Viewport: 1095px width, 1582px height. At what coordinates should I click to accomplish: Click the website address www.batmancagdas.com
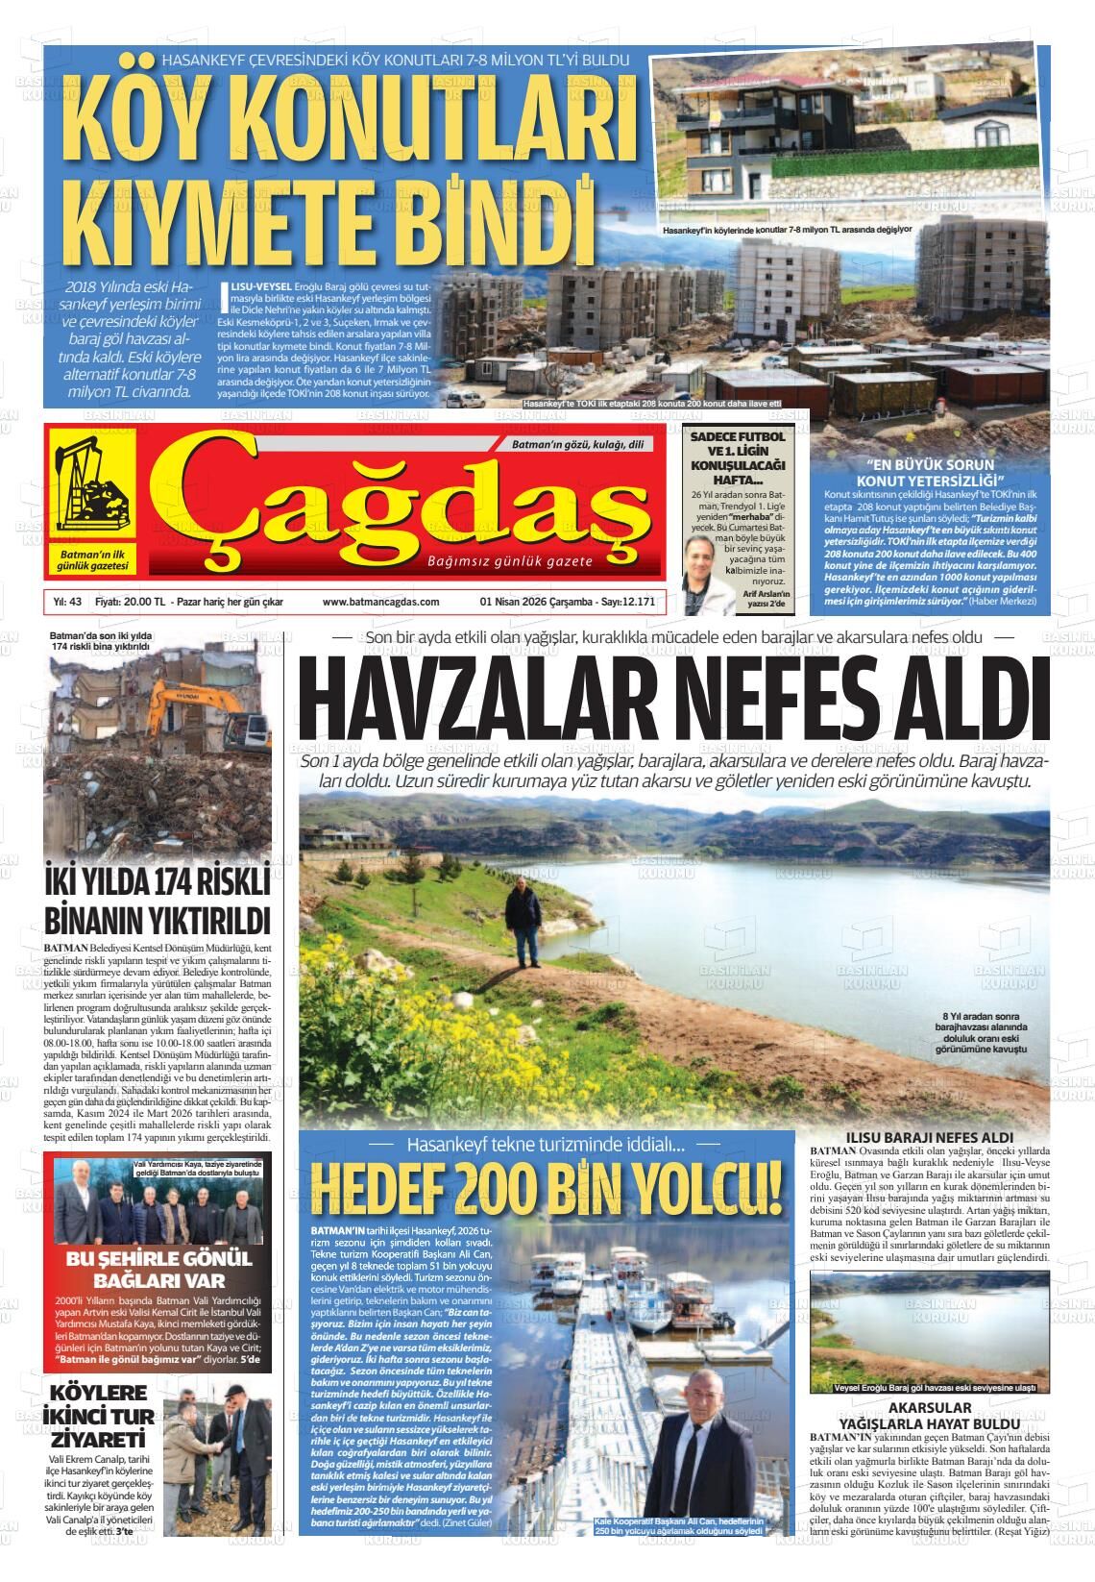381,602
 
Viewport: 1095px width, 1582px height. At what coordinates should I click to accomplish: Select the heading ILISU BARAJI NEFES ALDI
929,1137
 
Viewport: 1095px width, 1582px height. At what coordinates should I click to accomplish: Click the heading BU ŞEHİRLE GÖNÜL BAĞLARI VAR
159,1269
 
